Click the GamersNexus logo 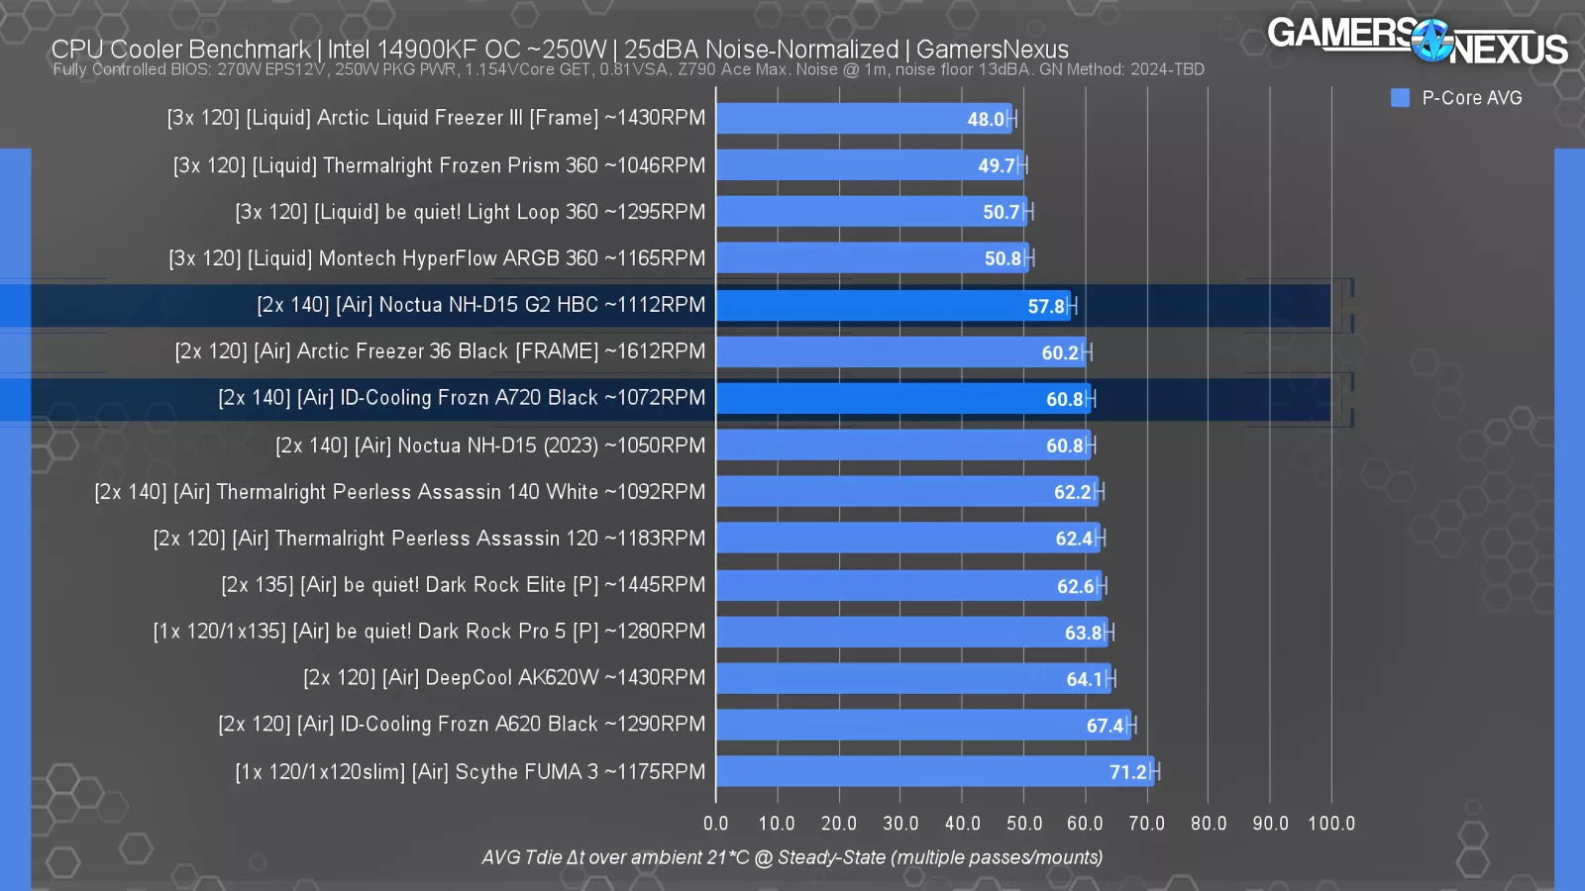point(1417,41)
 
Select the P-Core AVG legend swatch point(1400,98)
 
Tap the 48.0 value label point(986,120)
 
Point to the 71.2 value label point(1127,772)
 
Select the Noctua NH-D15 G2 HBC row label point(480,305)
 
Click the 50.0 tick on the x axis point(1024,824)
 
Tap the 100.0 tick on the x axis point(1331,824)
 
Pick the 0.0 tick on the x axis point(715,824)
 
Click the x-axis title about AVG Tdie point(792,857)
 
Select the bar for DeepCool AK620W point(912,678)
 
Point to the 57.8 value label point(1046,307)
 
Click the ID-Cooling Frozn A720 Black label point(462,398)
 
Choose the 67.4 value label point(1105,726)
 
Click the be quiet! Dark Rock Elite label point(463,585)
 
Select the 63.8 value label point(1083,633)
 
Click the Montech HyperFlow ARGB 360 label point(437,258)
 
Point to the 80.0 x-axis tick point(1209,824)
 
